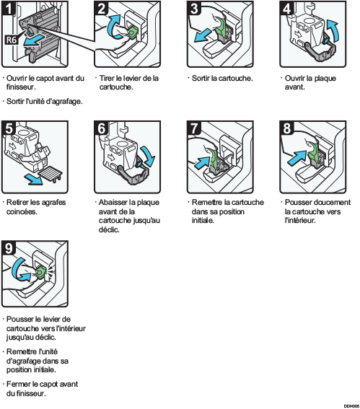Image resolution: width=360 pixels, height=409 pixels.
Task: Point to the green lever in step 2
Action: [134, 33]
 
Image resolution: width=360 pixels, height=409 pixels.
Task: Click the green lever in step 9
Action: [42, 272]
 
